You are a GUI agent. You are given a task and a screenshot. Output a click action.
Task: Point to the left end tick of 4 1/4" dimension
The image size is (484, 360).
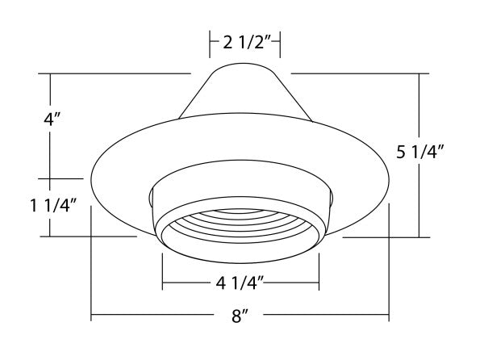162,284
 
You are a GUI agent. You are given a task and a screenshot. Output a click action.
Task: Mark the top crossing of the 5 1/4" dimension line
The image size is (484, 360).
418,73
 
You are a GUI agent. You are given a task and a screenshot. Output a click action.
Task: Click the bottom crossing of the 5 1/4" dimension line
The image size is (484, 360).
418,237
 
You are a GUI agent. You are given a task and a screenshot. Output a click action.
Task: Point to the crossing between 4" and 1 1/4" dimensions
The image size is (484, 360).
51,178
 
